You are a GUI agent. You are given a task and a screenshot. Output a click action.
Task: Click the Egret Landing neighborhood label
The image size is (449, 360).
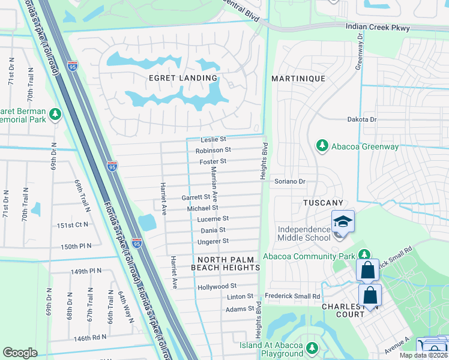pyautogui.click(x=182, y=78)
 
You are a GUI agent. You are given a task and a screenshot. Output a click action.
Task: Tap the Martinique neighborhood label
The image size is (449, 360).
pyautogui.click(x=298, y=79)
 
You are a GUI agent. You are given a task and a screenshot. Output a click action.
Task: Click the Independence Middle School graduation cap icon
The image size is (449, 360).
pyautogui.click(x=343, y=222)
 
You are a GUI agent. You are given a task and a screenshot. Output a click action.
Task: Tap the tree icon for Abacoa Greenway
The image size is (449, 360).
pyautogui.click(x=322, y=146)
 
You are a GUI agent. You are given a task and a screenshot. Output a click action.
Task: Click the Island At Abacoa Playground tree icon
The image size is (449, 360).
pyautogui.click(x=312, y=348)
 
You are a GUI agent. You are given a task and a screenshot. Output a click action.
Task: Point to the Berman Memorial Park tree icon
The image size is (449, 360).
pyautogui.click(x=55, y=114)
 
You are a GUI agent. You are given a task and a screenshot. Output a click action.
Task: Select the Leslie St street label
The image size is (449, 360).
pyautogui.click(x=214, y=139)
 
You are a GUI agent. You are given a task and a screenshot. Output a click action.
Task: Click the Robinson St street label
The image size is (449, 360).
pyautogui.click(x=213, y=150)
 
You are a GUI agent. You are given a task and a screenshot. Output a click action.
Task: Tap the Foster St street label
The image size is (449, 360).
pyautogui.click(x=214, y=161)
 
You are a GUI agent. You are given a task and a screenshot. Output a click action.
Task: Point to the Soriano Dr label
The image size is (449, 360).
pyautogui.click(x=291, y=181)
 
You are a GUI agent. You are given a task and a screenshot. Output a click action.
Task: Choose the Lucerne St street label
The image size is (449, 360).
pyautogui.click(x=213, y=219)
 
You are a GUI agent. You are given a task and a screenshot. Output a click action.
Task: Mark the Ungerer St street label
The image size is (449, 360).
pyautogui.click(x=213, y=241)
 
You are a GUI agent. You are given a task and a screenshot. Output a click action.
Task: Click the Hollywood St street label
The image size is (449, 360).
pyautogui.click(x=217, y=287)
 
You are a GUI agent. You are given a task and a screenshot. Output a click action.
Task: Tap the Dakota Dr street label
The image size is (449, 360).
pyautogui.click(x=361, y=119)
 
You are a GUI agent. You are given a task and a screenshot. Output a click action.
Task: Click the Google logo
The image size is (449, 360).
pyautogui.click(x=20, y=353)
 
